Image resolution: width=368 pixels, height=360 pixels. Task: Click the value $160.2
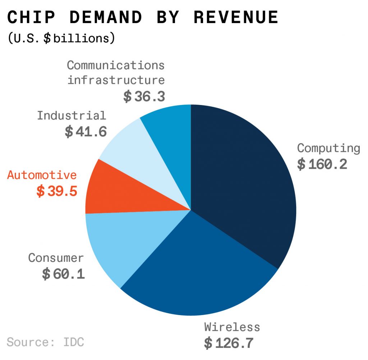point(322,164)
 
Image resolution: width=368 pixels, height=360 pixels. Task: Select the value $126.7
point(229,343)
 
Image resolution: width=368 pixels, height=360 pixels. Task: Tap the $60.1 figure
point(63,274)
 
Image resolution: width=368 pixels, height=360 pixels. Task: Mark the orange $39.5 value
point(57,191)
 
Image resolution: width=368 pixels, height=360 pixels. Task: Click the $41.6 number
point(86,132)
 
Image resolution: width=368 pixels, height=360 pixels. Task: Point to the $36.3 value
point(144,96)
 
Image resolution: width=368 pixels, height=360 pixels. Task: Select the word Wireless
point(232,327)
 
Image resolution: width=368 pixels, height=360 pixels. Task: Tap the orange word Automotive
point(42,175)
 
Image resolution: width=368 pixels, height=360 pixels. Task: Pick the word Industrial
point(72,115)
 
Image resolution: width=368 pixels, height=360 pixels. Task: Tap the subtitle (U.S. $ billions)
point(61,38)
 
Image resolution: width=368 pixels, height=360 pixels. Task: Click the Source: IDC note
point(45,342)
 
